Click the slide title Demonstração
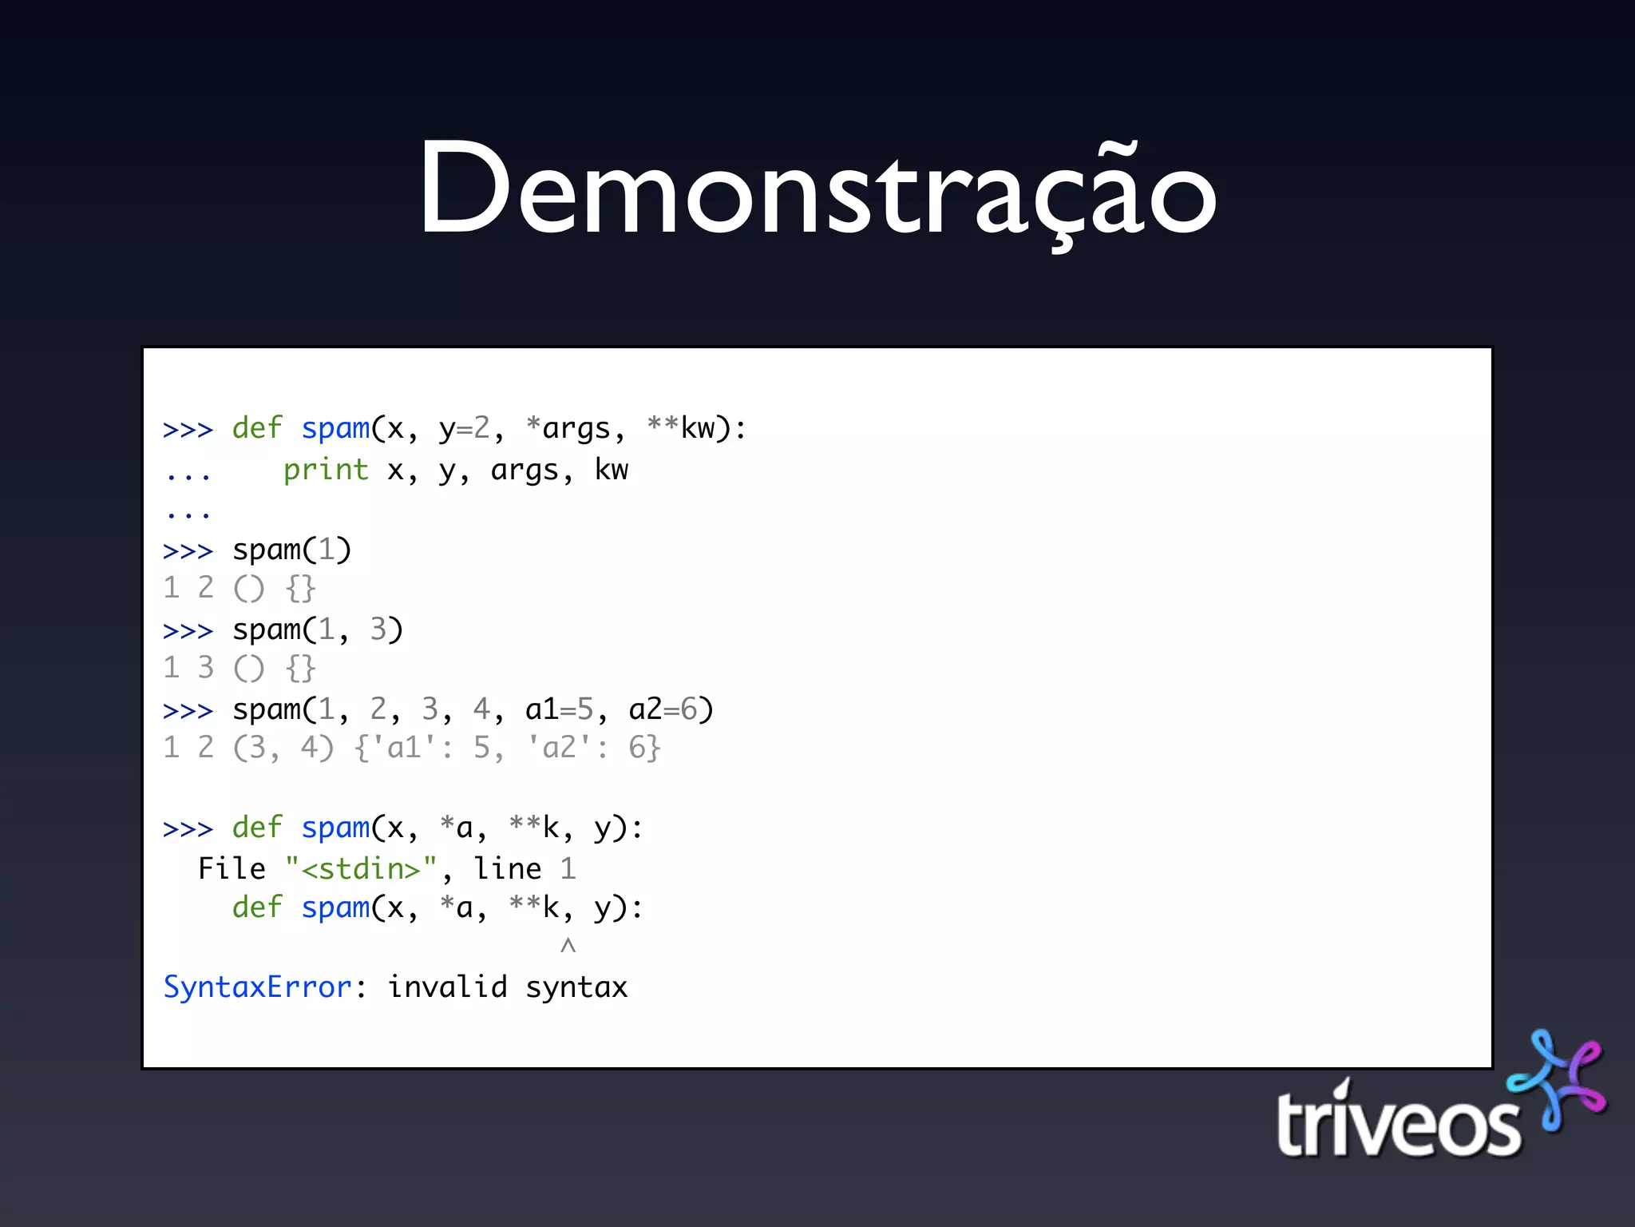click(x=817, y=190)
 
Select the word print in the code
click(x=326, y=470)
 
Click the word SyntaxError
click(x=257, y=987)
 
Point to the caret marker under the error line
click(x=568, y=947)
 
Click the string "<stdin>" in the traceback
click(x=361, y=868)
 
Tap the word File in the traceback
click(x=232, y=868)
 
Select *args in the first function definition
click(x=568, y=428)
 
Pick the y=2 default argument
click(x=465, y=429)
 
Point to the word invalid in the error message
click(x=447, y=987)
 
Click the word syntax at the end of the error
click(x=576, y=988)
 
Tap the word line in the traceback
click(x=508, y=868)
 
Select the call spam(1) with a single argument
click(x=291, y=550)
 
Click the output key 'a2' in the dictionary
click(x=559, y=748)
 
